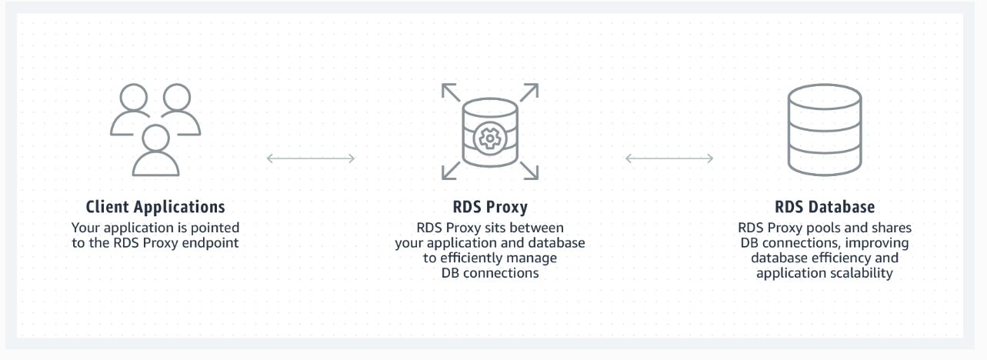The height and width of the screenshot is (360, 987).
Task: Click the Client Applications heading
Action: coord(155,207)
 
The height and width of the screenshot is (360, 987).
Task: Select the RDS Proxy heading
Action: coord(490,207)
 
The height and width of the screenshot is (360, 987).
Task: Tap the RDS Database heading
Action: coord(824,207)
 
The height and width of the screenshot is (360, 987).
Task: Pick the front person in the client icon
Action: coord(155,149)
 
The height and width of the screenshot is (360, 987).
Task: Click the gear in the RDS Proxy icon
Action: coord(488,138)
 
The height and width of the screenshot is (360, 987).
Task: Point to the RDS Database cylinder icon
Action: coord(824,130)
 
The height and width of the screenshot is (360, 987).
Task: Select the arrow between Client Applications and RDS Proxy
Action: coord(311,158)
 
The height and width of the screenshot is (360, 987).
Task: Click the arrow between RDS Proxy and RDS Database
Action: coord(669,158)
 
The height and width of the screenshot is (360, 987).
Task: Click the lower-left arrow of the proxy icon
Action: coord(451,168)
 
